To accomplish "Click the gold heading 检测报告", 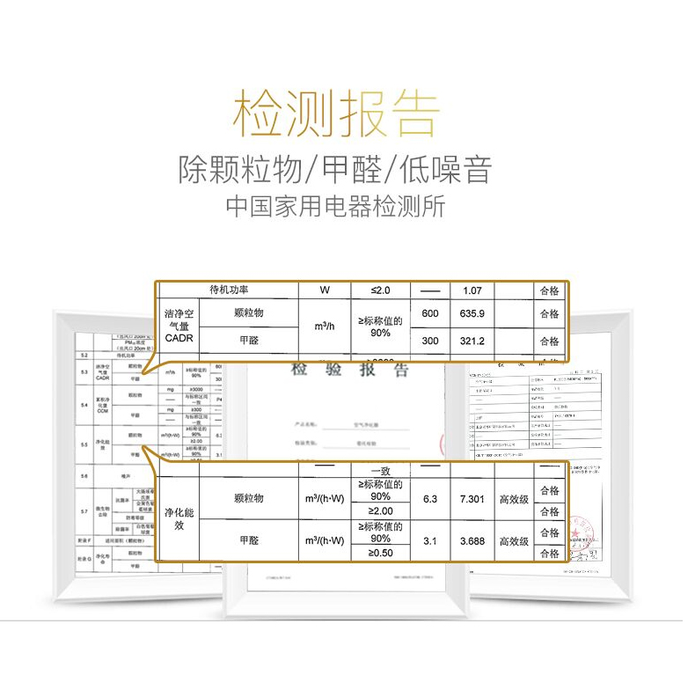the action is (x=336, y=113).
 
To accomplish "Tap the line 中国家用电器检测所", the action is (x=335, y=208).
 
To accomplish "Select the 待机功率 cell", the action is (x=229, y=290).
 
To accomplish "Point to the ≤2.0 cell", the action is (x=380, y=290).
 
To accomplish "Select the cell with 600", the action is (x=429, y=314).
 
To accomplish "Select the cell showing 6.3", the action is (x=429, y=499).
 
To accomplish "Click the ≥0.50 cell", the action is (x=380, y=554).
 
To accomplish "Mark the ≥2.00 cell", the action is (x=380, y=511).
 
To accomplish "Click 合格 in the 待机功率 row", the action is (x=549, y=290).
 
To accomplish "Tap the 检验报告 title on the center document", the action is (x=350, y=370).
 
